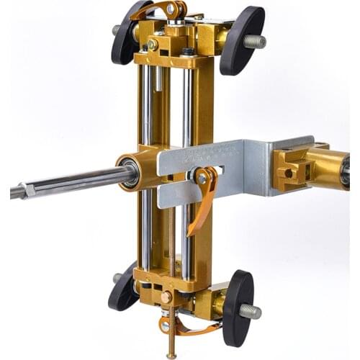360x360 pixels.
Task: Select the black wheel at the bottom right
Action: [238, 307]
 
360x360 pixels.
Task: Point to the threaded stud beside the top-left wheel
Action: [115, 30]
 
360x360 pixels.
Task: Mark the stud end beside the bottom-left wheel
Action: [117, 278]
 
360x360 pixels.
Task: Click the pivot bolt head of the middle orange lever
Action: [202, 176]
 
